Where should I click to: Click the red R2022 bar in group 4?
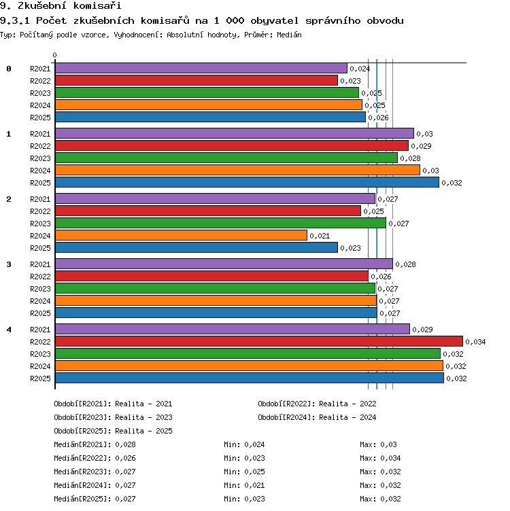pyautogui.click(x=259, y=341)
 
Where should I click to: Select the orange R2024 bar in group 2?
pyautogui.click(x=181, y=235)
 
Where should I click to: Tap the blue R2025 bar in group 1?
pyautogui.click(x=247, y=182)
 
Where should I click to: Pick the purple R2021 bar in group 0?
pyautogui.click(x=201, y=68)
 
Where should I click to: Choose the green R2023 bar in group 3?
pyautogui.click(x=215, y=288)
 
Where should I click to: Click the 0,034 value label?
pyautogui.click(x=475, y=342)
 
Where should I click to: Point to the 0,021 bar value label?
pyautogui.click(x=320, y=236)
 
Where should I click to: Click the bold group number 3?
pyautogui.click(x=9, y=264)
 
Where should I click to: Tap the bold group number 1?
pyautogui.click(x=9, y=134)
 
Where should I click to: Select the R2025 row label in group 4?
pyautogui.click(x=40, y=378)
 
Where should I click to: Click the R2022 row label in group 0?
pyautogui.click(x=40, y=81)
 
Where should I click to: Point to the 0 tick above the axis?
pyautogui.click(x=54, y=56)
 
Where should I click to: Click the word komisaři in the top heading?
pyautogui.click(x=97, y=5)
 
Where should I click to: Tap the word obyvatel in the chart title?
pyautogui.click(x=274, y=21)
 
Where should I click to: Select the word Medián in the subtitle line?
pyautogui.click(x=289, y=35)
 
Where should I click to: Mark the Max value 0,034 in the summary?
pyautogui.click(x=390, y=458)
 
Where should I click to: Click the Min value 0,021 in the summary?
pyautogui.click(x=254, y=485)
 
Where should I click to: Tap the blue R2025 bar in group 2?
pyautogui.click(x=197, y=247)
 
